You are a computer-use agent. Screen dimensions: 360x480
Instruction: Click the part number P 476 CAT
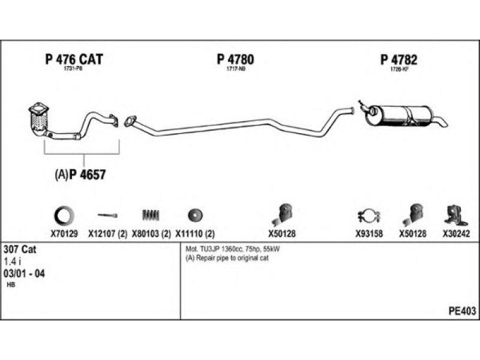[x=74, y=59]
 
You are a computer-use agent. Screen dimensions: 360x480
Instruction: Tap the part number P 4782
[x=398, y=59]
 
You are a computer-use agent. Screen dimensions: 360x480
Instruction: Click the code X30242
[x=456, y=235]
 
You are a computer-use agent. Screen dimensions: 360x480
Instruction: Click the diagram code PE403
[x=462, y=311]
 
